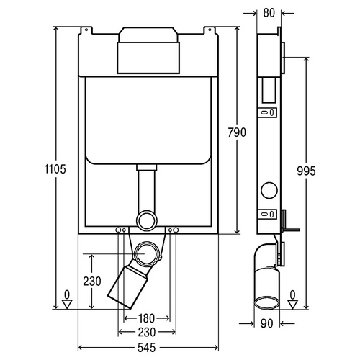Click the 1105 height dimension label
[55, 169]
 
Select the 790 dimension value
[237, 132]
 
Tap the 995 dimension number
[306, 171]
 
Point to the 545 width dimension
[146, 348]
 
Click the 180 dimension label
[146, 318]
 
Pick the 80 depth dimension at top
[269, 13]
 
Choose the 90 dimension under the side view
[267, 323]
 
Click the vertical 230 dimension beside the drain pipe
[92, 281]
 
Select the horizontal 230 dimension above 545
[146, 333]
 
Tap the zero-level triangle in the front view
[67, 304]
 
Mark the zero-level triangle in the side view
[292, 305]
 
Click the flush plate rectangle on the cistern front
[148, 58]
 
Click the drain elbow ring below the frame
[147, 243]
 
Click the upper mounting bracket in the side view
[267, 112]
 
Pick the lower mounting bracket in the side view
[267, 214]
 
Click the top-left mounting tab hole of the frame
[86, 30]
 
